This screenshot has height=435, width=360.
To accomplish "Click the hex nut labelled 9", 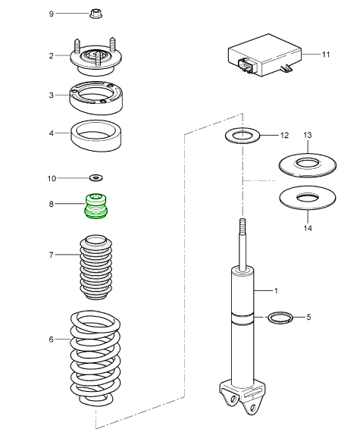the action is pos(95,14).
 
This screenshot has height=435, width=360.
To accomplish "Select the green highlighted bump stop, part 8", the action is pos(95,206).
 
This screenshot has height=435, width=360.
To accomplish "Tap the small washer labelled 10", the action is pos(96,177).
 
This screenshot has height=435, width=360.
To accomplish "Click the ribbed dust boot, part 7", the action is pos(96,267).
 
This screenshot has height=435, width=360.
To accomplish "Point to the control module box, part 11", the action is pos(265,55).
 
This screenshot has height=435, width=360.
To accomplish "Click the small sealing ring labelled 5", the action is pos(280,317).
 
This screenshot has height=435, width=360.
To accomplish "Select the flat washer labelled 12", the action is pos(243,136).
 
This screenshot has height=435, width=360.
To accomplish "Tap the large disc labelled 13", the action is pos(308,165).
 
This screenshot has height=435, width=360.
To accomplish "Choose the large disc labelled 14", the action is pos(308,198).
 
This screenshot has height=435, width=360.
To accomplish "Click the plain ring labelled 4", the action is pos(96,136).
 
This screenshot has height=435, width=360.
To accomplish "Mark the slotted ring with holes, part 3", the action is pos(96,98).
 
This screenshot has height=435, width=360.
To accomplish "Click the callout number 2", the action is pos(51,56).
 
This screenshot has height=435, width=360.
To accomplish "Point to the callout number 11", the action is pos(326,55).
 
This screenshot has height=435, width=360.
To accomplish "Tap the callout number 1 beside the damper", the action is pos(276,291).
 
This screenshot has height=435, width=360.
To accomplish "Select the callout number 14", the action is pos(308,228).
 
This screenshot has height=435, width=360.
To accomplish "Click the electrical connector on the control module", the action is pos(245,65).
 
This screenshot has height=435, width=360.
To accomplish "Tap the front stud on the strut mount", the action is pos(98,59).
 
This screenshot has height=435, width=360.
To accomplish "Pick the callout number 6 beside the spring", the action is pos(51,340).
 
